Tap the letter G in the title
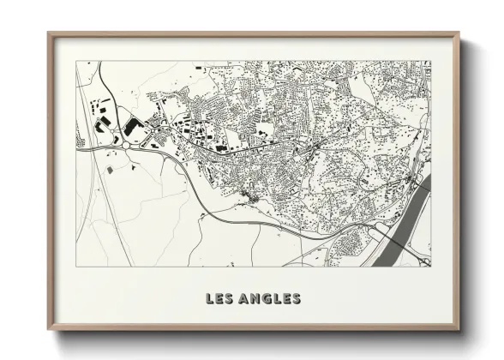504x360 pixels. coord(262,299)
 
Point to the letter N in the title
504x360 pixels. coord(251,299)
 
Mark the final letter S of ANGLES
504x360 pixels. coord(296,299)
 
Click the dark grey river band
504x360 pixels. coord(410,219)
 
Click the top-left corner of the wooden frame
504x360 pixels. coord(49,33)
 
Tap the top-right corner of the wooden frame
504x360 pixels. coord(459,33)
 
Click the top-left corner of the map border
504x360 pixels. coord(76,61)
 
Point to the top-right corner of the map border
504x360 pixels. coord(431,61)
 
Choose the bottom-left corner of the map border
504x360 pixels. coord(76,266)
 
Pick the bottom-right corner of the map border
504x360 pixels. coord(431,266)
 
